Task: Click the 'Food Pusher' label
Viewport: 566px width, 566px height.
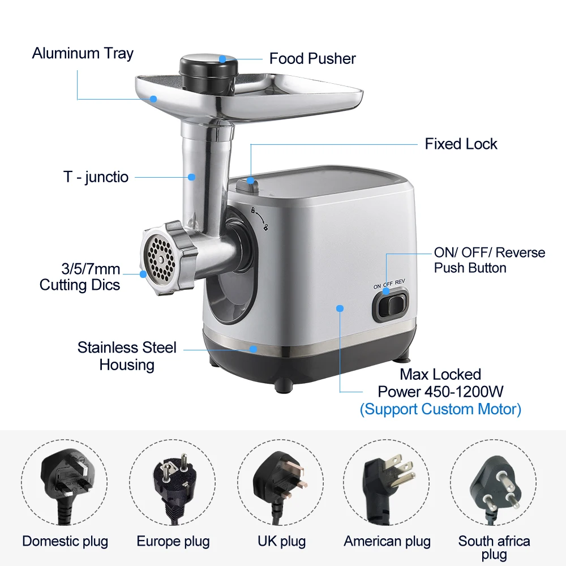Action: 312,58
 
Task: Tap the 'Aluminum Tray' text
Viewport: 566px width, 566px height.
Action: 83,54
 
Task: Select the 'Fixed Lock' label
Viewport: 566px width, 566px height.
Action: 461,144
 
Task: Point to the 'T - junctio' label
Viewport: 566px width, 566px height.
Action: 96,177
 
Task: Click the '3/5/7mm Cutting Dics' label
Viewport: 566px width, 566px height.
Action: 80,276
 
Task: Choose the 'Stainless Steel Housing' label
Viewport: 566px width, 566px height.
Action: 127,355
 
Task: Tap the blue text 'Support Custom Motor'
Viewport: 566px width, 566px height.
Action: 440,409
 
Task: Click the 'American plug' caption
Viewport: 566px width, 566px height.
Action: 387,541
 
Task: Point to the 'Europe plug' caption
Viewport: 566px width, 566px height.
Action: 173,541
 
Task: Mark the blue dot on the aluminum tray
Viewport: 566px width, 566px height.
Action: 153,98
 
